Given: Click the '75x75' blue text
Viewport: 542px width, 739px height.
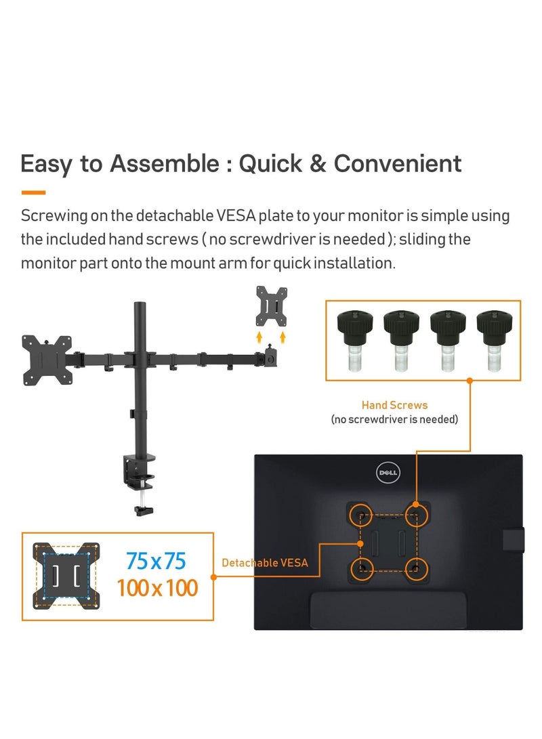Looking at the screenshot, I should click(x=156, y=562).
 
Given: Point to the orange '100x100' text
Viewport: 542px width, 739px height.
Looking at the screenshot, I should click(x=157, y=587).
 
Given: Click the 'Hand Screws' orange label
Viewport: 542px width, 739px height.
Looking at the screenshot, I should click(x=394, y=405).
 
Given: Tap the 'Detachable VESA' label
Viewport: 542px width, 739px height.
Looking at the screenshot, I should click(x=265, y=562).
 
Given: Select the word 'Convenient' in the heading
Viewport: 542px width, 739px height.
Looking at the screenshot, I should click(x=398, y=164).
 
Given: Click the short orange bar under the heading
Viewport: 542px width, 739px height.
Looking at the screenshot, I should click(x=33, y=192).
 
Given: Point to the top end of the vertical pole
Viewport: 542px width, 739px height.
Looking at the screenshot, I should click(x=141, y=305).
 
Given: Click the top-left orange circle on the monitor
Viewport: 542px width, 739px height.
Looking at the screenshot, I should click(x=360, y=513).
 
